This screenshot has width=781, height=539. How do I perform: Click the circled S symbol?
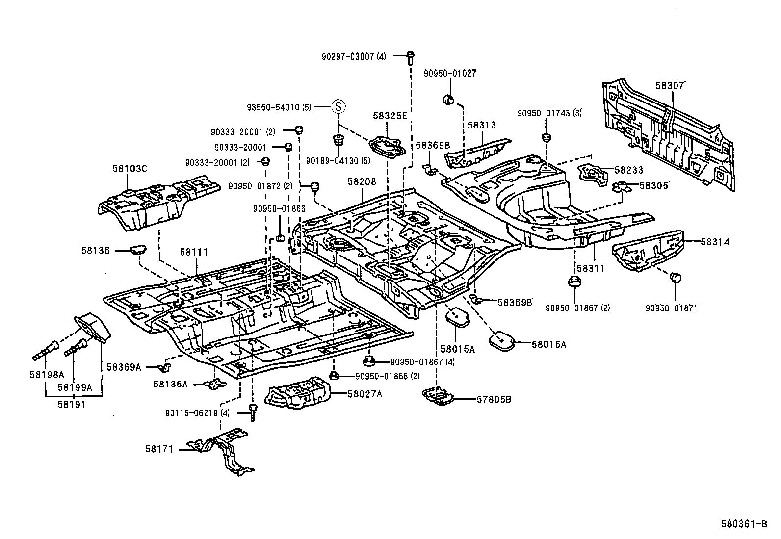(x=338, y=106)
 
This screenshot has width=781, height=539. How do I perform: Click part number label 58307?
(x=670, y=85)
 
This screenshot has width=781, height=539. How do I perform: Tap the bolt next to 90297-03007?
(x=411, y=58)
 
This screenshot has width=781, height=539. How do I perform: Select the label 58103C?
(x=130, y=169)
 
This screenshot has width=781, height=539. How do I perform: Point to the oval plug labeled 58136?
(x=138, y=250)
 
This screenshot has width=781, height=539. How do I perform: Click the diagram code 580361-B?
(x=744, y=524)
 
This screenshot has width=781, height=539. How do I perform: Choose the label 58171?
(x=159, y=449)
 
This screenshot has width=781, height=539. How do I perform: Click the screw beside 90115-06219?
(x=253, y=412)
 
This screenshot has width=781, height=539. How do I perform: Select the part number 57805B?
(x=494, y=399)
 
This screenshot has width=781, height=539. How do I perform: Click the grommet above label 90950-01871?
(x=676, y=278)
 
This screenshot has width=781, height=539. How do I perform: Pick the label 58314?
(x=715, y=242)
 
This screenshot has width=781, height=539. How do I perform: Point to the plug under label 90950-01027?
(x=448, y=100)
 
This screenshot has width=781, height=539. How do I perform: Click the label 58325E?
(x=390, y=116)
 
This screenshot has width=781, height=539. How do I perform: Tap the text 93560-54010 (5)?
(x=279, y=107)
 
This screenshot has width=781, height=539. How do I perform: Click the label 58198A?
(x=47, y=375)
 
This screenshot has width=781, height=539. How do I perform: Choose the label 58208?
(x=362, y=181)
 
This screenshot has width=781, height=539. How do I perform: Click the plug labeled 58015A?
(x=457, y=316)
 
